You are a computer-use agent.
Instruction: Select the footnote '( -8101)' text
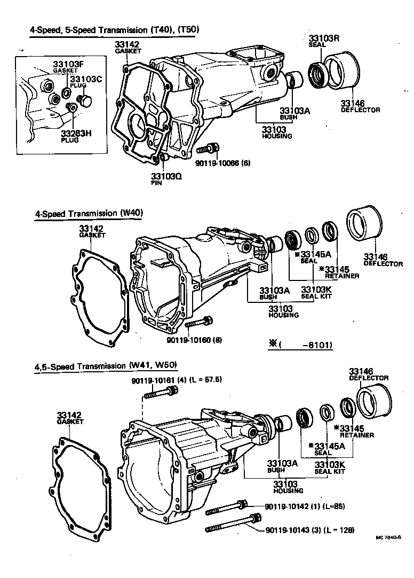[x=301, y=345]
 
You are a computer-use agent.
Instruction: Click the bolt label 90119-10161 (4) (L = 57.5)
[x=176, y=380]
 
